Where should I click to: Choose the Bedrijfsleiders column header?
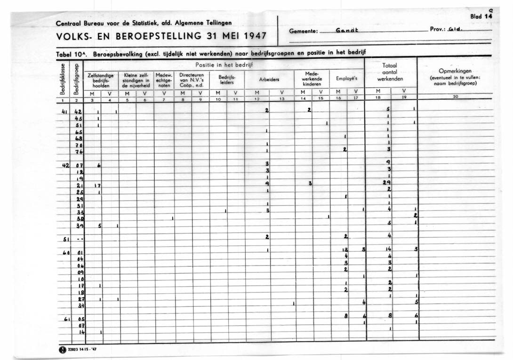click(x=227, y=79)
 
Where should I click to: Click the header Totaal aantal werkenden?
click(x=390, y=73)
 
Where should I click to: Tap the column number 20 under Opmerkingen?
click(x=455, y=96)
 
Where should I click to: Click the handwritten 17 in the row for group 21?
click(x=98, y=185)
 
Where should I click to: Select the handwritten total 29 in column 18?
click(x=387, y=182)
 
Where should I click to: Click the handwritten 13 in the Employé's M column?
click(x=345, y=249)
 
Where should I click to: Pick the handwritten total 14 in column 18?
click(x=388, y=249)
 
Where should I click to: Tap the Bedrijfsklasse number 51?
click(x=66, y=240)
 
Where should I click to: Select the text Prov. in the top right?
click(x=436, y=30)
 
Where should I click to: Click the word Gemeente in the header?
click(x=304, y=32)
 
